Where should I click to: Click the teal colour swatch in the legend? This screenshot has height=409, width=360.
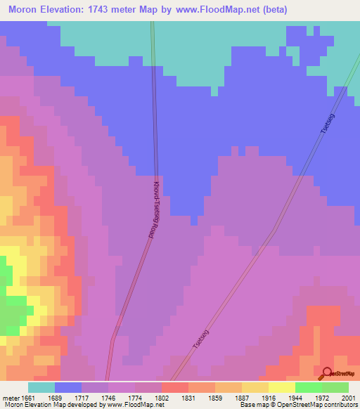pyautogui.click(x=41, y=387)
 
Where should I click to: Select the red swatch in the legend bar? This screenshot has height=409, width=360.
pyautogui.click(x=175, y=387)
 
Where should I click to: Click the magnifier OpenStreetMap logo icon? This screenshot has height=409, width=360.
pyautogui.click(x=326, y=374)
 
